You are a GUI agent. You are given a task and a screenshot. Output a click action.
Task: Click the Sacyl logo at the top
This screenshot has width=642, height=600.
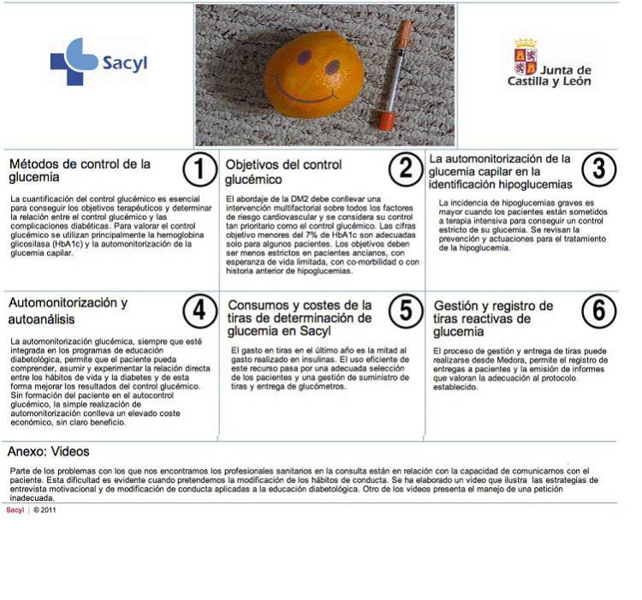point(98,62)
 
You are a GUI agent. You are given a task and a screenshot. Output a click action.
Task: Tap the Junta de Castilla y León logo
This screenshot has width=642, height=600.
point(550,62)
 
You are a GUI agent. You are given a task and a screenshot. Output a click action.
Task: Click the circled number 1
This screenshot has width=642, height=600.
point(199,169)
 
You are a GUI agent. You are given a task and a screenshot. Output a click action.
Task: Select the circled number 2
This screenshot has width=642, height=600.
point(406,169)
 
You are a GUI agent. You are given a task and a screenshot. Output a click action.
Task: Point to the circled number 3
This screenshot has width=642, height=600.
point(599,169)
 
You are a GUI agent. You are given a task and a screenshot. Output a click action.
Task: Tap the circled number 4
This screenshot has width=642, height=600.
point(199,311)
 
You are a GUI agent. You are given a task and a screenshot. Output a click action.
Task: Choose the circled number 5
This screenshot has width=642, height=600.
point(406,311)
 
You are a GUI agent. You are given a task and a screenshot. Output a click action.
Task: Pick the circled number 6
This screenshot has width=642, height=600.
point(599,311)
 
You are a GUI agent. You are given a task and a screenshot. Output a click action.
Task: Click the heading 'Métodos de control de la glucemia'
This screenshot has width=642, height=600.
point(80,170)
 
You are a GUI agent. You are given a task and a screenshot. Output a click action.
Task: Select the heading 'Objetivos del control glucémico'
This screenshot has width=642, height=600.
point(283,172)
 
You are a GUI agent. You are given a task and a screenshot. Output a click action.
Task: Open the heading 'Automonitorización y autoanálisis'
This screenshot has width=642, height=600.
point(68,311)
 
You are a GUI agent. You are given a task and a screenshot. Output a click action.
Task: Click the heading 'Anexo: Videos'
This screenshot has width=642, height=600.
point(48,451)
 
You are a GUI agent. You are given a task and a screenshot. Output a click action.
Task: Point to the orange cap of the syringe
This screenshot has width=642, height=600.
point(385,120)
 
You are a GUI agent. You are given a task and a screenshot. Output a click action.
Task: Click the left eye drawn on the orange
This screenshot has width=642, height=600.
point(304,57)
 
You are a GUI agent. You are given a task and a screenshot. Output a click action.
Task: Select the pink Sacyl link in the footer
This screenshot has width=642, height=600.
point(15,510)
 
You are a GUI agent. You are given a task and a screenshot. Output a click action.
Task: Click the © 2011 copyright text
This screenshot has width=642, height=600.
point(45,510)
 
